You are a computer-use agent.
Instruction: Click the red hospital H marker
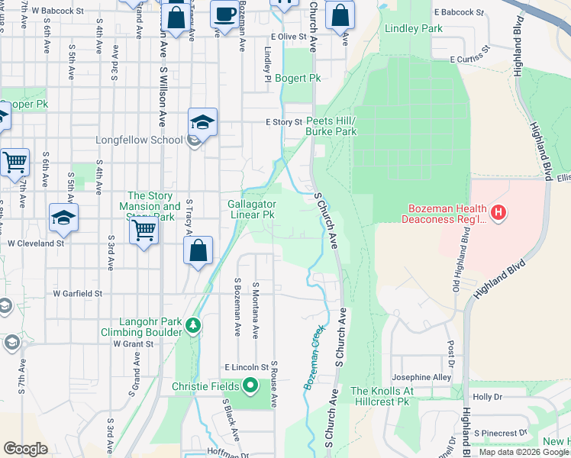498,211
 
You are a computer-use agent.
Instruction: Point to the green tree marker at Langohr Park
194,326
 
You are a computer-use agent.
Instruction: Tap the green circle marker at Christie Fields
250,386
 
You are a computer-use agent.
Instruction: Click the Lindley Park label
415,28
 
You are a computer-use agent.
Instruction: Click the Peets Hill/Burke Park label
331,126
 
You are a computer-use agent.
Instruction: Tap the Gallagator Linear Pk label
251,209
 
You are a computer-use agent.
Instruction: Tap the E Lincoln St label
247,367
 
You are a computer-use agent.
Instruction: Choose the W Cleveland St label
35,244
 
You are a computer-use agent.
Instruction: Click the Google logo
25,449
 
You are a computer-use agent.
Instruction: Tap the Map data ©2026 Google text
524,452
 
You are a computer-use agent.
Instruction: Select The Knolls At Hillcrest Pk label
381,396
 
